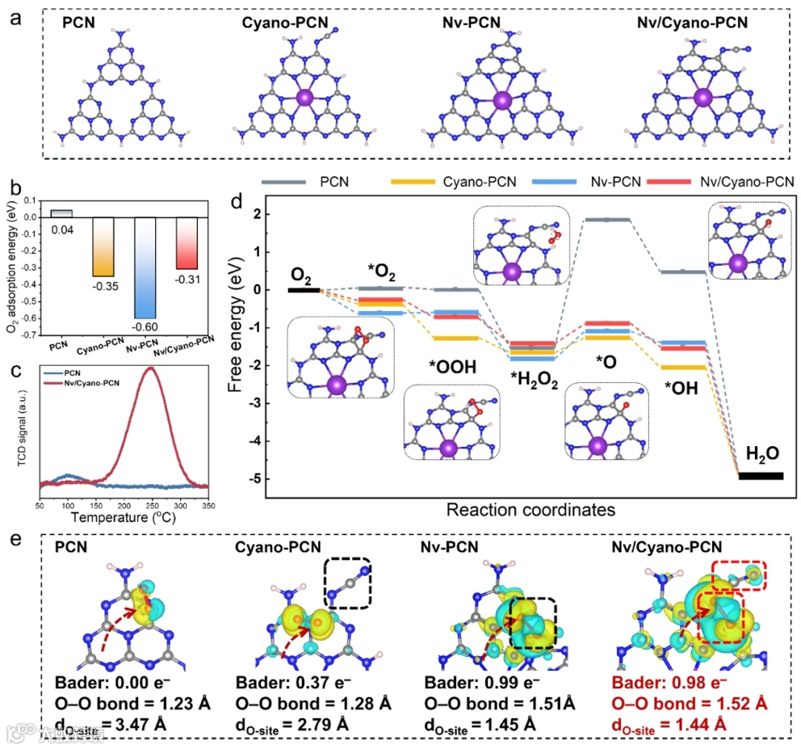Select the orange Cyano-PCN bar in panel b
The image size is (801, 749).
(x=102, y=246)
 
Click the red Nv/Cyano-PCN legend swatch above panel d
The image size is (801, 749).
(x=668, y=180)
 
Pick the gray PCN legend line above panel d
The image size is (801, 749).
(x=285, y=180)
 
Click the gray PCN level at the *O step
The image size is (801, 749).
(x=608, y=220)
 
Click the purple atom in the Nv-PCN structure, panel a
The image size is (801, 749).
(x=502, y=99)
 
